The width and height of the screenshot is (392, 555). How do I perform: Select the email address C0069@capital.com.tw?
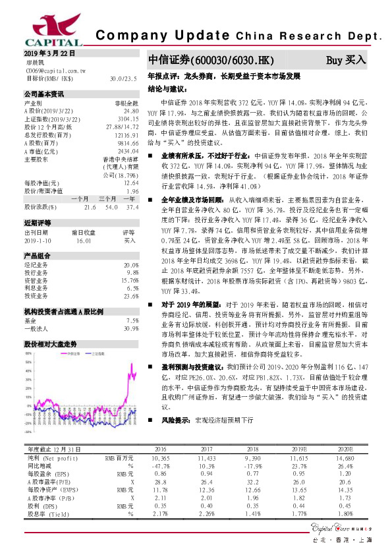point(56,69)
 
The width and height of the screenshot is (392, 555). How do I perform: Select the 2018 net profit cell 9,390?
point(253,457)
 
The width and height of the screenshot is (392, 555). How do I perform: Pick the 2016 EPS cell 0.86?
point(159,473)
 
